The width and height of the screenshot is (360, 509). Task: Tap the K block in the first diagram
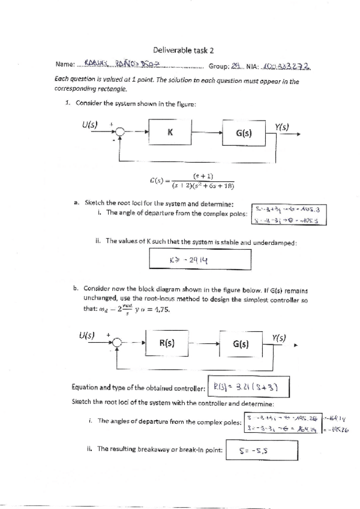(x=170, y=133)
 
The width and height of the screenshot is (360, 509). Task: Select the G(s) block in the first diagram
(x=244, y=134)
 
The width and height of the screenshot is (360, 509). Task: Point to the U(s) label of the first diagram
(x=90, y=125)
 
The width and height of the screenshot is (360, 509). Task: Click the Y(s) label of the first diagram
(x=282, y=127)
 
